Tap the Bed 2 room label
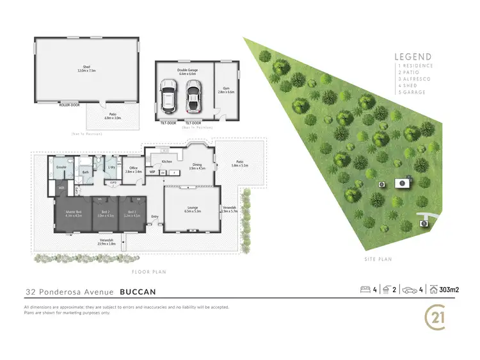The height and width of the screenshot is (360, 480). click(x=104, y=213)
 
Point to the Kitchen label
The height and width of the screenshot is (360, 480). click(x=167, y=161)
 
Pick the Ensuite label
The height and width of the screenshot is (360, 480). click(x=61, y=167)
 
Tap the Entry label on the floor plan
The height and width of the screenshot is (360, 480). click(x=154, y=217)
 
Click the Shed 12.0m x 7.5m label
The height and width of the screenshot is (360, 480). click(x=86, y=69)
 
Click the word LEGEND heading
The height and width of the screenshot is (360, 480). click(x=413, y=56)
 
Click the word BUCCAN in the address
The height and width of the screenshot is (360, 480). click(x=137, y=291)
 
